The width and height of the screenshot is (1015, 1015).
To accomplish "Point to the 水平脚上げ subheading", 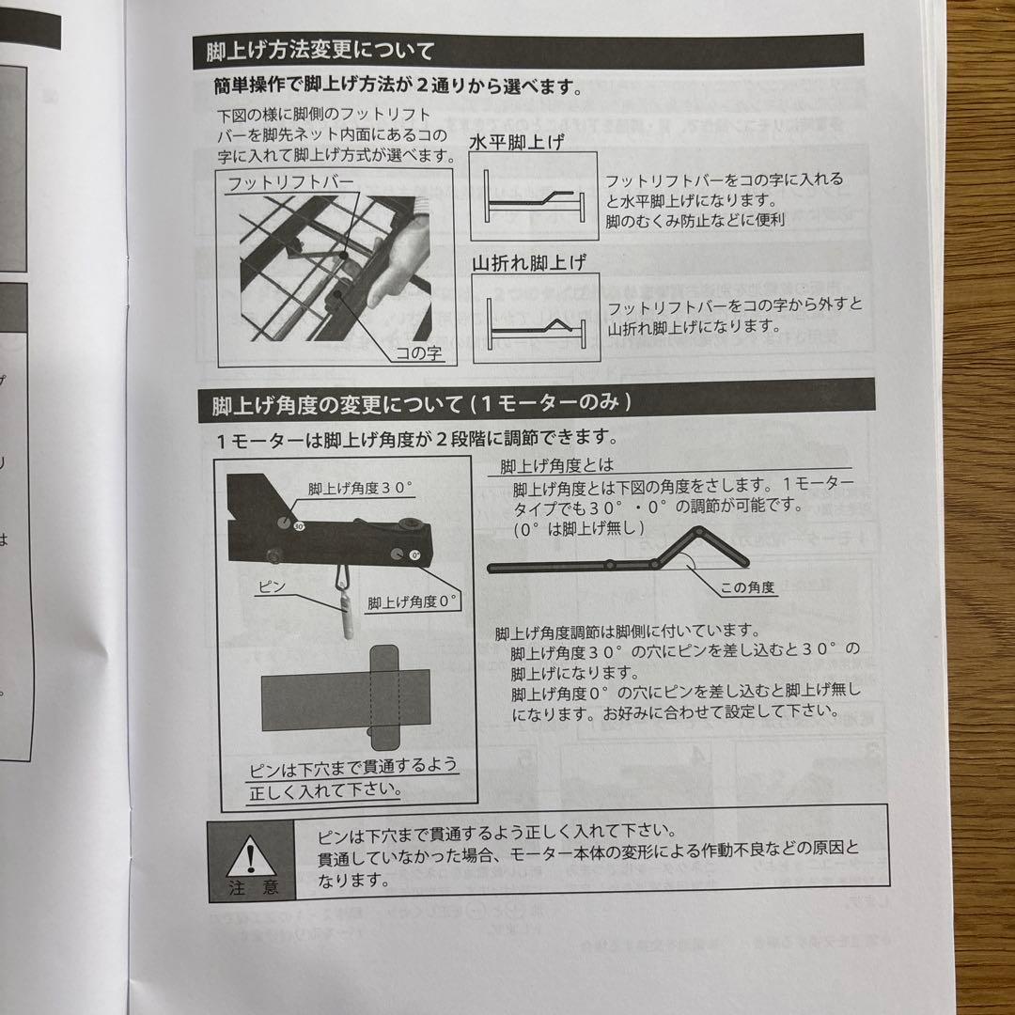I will [x=517, y=144].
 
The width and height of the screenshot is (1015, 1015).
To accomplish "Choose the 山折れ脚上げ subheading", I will [x=528, y=263].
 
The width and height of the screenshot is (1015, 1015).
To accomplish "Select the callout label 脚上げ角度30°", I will [x=361, y=490].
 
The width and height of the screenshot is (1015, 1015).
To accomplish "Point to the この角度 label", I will [x=747, y=587].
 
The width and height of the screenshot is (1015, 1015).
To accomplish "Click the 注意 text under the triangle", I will [x=252, y=887].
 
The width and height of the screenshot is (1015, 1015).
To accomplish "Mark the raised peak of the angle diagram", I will [x=699, y=534].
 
